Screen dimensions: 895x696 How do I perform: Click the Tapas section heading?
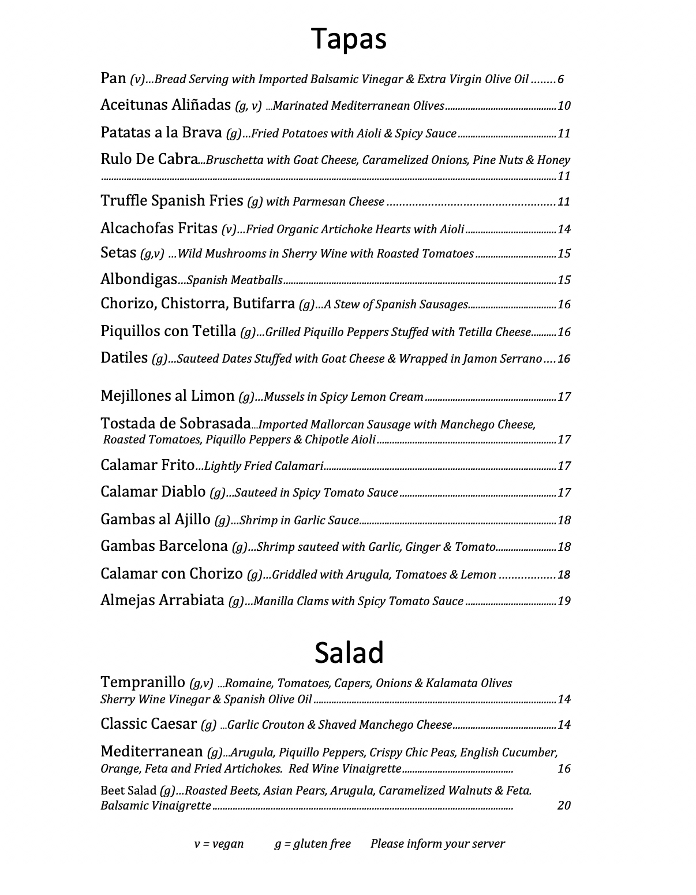(x=349, y=39)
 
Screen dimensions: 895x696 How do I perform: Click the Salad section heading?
(x=349, y=653)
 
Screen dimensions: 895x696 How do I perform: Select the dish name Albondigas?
(x=139, y=279)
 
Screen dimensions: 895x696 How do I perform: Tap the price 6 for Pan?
(x=560, y=80)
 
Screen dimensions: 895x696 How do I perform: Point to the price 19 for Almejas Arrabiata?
(x=564, y=601)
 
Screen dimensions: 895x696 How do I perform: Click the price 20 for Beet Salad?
(x=564, y=805)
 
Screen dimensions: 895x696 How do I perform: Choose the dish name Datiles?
(x=124, y=358)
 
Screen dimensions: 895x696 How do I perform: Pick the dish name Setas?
(x=118, y=253)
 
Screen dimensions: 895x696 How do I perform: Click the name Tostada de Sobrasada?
(x=175, y=424)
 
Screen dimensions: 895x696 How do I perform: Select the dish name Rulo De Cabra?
(x=149, y=159)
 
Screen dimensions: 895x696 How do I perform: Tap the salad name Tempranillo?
(x=143, y=683)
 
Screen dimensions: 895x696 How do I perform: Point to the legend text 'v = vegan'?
(x=219, y=844)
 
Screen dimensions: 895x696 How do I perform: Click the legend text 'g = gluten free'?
(x=312, y=844)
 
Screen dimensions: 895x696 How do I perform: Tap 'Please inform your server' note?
(x=437, y=844)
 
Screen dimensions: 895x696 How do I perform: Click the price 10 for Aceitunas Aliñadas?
(x=564, y=106)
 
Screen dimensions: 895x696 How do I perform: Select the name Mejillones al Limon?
(x=167, y=396)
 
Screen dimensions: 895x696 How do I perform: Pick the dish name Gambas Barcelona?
(x=164, y=546)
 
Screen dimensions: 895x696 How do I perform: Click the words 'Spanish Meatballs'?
(x=234, y=281)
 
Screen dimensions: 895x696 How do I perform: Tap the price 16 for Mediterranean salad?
(x=564, y=769)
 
